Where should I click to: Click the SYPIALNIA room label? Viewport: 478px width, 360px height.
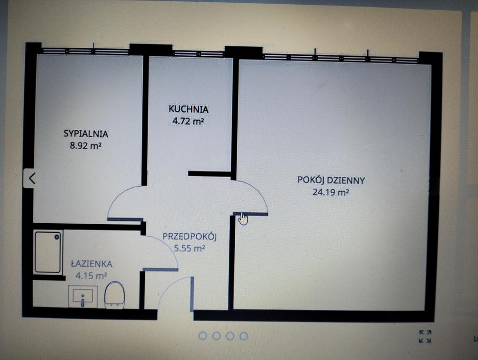(86, 134)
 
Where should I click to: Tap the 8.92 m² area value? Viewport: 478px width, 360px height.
(86, 145)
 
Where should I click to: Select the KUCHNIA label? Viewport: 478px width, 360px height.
(188, 109)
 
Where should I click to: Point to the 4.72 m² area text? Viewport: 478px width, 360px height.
(188, 121)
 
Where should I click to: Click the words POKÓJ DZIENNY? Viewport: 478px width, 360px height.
(331, 180)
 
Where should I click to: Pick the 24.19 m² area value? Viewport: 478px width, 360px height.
(331, 192)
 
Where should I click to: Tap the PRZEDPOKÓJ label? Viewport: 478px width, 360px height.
(189, 237)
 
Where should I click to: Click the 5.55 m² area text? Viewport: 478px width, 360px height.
(189, 248)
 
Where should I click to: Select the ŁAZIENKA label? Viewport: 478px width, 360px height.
(91, 264)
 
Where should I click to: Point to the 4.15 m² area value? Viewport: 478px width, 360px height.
(91, 276)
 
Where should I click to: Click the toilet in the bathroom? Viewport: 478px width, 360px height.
(114, 295)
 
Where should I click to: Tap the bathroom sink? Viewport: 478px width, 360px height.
(83, 297)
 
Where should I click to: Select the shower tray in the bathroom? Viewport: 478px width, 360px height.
(48, 252)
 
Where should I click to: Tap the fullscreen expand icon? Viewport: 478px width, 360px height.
(425, 337)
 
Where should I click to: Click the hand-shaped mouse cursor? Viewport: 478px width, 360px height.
(243, 218)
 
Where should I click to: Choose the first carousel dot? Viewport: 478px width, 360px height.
(203, 336)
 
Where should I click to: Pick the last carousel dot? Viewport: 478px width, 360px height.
(244, 336)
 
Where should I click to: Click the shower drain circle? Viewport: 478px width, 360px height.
(57, 237)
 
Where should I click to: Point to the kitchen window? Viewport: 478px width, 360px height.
(198, 54)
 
